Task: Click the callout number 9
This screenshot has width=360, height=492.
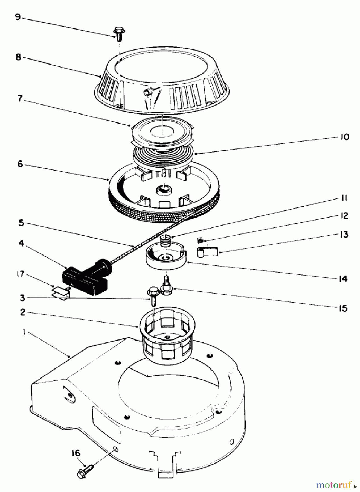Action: point(18,17)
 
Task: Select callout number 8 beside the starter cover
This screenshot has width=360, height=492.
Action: point(18,57)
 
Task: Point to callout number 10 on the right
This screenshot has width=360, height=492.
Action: point(345,137)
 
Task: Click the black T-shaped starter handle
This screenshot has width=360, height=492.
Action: point(88,276)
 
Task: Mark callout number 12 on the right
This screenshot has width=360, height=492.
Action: point(344,216)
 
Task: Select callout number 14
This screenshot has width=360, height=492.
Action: point(343,279)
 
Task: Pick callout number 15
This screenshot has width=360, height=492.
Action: point(343,308)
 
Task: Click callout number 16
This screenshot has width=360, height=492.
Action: point(76,453)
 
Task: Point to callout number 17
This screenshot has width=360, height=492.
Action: point(20,274)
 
